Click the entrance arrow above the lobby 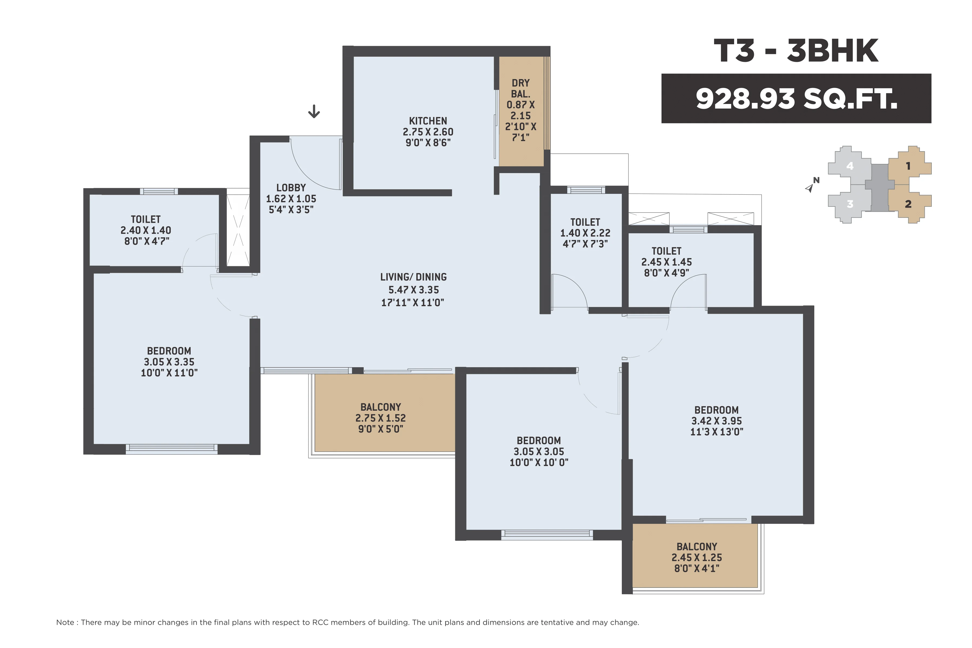[314, 111]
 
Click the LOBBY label [291, 188]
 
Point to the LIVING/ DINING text [413, 277]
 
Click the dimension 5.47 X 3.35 [413, 290]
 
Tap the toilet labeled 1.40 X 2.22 [585, 233]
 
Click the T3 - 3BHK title [795, 51]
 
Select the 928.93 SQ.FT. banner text [796, 99]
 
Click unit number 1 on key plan [908, 166]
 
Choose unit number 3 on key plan [850, 204]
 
